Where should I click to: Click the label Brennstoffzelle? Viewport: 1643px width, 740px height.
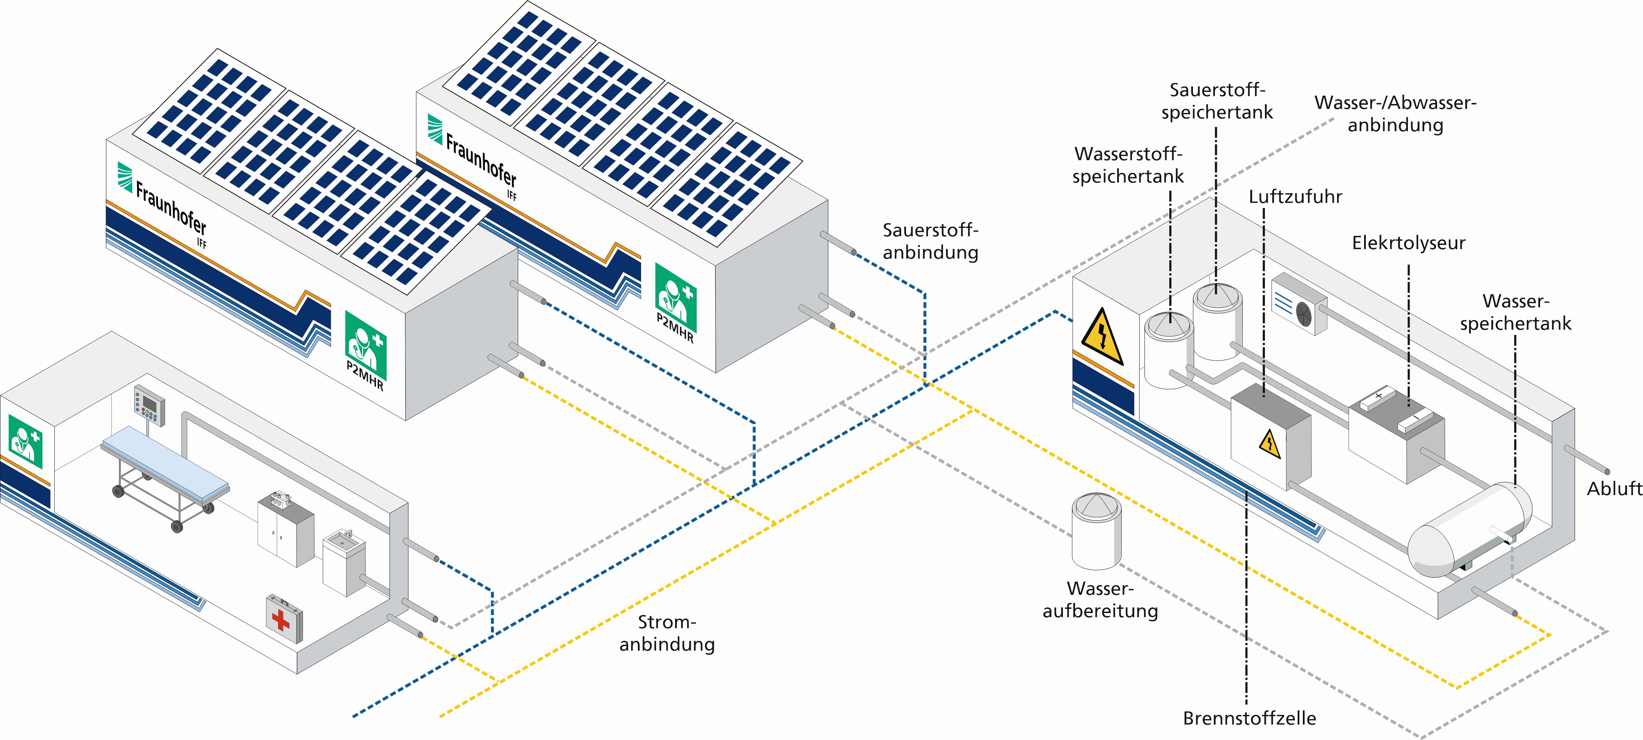[x=1249, y=718]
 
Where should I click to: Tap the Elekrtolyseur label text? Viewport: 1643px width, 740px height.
[x=1408, y=243]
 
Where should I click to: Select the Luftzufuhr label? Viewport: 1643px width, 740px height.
[x=1295, y=197]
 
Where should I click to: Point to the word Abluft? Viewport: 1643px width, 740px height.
[x=1614, y=489]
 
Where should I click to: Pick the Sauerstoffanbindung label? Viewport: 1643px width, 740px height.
[x=930, y=241]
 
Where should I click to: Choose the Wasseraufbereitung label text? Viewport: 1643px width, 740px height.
[x=1100, y=600]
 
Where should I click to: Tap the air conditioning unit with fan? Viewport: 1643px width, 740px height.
[x=1299, y=304]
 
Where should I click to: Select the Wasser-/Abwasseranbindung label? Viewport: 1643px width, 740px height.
[x=1395, y=113]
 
